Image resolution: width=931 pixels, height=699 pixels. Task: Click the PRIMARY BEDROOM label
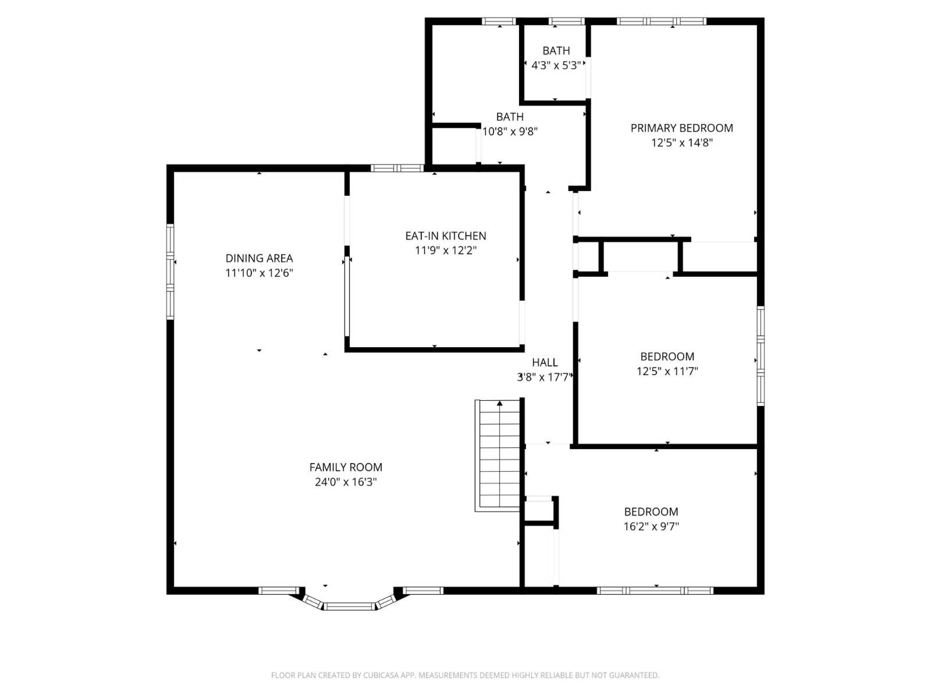pos(681,128)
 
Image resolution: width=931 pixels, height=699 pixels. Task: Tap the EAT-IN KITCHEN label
pos(446,236)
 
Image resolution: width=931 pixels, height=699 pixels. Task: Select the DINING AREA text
pos(259,258)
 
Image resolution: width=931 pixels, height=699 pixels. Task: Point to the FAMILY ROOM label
pos(346,467)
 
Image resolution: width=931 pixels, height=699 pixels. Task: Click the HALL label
pos(545,362)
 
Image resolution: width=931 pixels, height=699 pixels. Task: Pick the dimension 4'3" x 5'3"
pos(556,65)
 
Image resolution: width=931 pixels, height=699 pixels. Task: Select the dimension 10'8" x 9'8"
pos(510,131)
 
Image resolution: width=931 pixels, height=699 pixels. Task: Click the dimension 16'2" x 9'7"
pos(651,526)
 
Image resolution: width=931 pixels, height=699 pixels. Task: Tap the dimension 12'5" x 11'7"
pos(667,371)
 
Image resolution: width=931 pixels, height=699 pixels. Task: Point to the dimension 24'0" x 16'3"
pos(346,482)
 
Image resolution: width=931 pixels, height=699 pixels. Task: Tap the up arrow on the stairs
pos(500,403)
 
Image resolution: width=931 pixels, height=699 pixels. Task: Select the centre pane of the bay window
pos(349,606)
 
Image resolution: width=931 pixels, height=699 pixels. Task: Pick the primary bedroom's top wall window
pos(661,21)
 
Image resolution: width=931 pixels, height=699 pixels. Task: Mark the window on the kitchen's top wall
pos(397,168)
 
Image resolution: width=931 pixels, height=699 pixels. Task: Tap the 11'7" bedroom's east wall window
pos(761,356)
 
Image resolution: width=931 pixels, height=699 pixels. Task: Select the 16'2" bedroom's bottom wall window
pos(655,591)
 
